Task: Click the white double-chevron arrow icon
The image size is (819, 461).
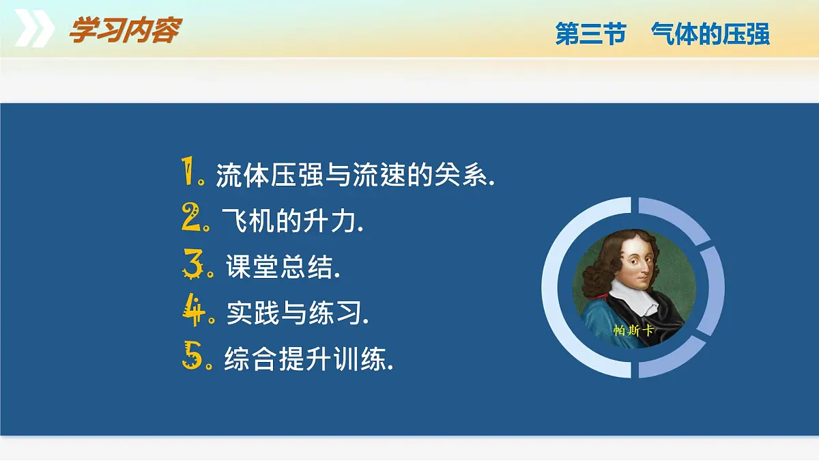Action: (35, 28)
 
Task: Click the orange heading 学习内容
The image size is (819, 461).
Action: (126, 30)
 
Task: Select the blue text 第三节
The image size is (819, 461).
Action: (591, 33)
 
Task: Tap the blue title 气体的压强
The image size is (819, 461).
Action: (710, 33)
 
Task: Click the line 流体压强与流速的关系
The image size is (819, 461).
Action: (355, 175)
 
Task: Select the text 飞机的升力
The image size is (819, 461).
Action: (293, 221)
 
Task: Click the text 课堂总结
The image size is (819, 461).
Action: (283, 266)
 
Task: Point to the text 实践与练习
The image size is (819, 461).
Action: (298, 313)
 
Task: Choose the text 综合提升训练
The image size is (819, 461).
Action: (308, 359)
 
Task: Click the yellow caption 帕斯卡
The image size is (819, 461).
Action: (633, 331)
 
